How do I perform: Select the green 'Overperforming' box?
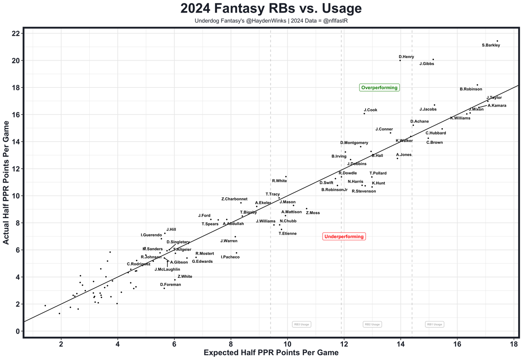point(379,87)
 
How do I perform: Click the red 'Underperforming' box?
point(343,237)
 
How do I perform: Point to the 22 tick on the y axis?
point(16,34)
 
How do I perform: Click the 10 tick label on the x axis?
point(287,344)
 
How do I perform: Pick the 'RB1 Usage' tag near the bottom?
point(434,324)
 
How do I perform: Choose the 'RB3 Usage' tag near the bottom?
point(302,324)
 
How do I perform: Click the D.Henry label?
point(406,57)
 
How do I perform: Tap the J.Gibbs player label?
point(426,64)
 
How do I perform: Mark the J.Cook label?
point(370,110)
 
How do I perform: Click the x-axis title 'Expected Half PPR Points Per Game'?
point(271,353)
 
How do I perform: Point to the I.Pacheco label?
point(230,257)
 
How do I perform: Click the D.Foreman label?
point(170,284)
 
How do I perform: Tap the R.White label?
point(279,181)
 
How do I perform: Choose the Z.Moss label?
point(313,213)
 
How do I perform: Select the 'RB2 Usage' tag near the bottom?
point(372,324)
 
